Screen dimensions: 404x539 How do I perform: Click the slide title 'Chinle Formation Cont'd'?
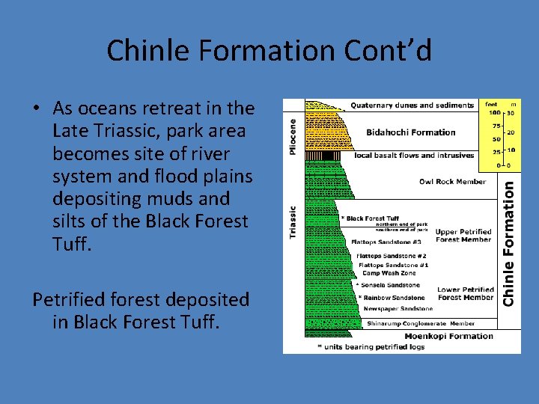coord(269,51)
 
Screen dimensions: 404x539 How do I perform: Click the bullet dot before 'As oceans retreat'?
coord(36,109)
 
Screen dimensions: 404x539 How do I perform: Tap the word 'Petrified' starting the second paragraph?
coord(68,299)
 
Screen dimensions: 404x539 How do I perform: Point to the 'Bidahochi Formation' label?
coord(410,132)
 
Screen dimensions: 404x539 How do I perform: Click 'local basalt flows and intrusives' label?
coord(414,156)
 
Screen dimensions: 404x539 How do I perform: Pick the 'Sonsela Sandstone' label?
coord(391,285)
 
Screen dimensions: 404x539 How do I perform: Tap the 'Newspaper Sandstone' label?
coord(398,308)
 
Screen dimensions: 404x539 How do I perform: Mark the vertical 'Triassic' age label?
coord(293,222)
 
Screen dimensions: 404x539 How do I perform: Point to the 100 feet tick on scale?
coord(495,113)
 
